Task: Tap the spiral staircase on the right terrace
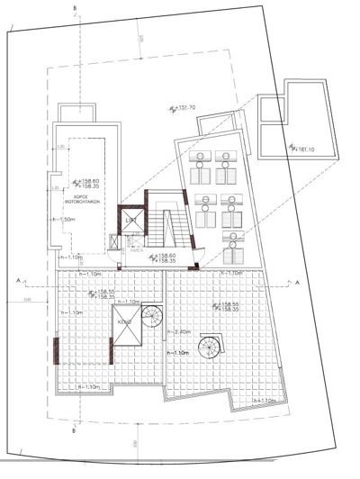pos(214,346)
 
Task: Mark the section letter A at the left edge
pos(17,280)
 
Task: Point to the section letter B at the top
pos(76,9)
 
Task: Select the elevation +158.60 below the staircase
pos(166,256)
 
